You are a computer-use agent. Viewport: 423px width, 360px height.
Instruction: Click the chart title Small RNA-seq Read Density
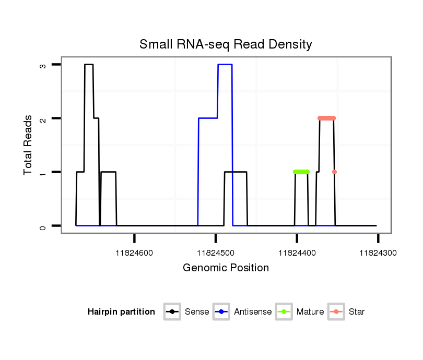point(226,44)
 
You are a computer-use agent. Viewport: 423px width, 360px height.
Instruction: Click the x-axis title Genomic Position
point(226,268)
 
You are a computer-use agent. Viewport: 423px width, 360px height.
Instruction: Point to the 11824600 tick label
point(134,253)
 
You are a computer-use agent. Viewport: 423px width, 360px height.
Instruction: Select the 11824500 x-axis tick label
point(216,253)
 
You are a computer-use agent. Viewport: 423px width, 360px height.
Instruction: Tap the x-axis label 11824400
point(297,253)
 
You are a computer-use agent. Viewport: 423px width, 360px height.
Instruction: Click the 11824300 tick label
point(378,253)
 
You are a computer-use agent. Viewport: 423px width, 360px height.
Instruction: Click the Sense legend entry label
point(197,312)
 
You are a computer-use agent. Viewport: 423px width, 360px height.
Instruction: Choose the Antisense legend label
point(253,312)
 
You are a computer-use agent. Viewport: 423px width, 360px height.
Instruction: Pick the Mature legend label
point(310,312)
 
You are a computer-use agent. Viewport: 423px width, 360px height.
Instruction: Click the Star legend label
point(356,312)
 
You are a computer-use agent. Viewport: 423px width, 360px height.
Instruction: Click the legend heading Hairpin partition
point(121,312)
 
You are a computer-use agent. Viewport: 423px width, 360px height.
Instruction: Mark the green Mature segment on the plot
point(301,172)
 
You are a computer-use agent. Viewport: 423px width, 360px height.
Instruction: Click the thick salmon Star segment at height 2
point(326,118)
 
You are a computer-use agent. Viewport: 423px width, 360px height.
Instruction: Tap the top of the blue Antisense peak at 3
point(225,64)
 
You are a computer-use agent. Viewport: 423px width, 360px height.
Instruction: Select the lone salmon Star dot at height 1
point(334,172)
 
